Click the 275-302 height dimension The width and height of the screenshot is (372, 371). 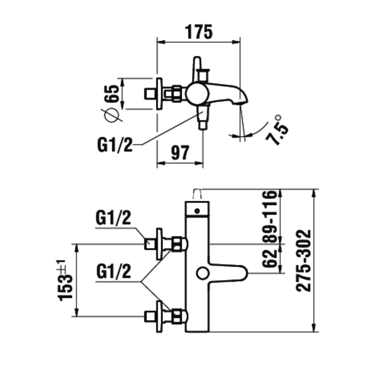(303, 260)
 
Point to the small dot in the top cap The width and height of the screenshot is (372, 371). (197, 210)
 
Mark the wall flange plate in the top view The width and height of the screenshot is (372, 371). (160, 94)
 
